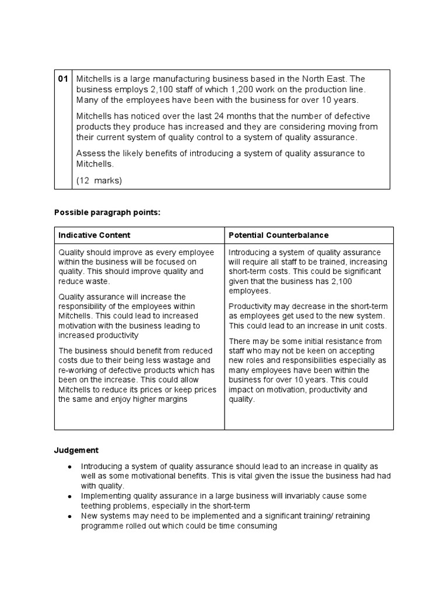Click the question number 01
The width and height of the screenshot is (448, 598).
(63, 79)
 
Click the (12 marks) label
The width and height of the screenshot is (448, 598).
(99, 180)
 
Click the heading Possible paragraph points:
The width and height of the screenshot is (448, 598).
(107, 213)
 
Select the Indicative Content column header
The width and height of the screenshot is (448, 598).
(94, 235)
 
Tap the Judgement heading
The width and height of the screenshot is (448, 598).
(76, 450)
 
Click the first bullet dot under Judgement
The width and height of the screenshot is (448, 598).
(69, 467)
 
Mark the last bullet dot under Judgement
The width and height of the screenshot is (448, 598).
(69, 517)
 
